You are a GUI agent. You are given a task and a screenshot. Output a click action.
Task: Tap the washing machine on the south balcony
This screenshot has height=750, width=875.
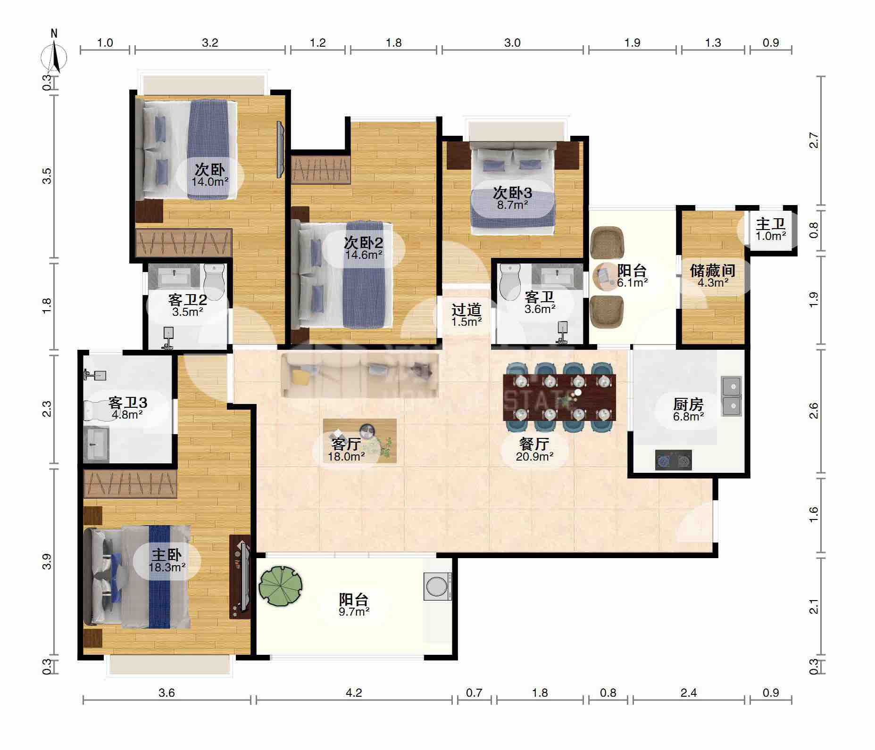point(438,586)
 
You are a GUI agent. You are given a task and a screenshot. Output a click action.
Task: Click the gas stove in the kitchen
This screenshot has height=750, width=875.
point(674,460)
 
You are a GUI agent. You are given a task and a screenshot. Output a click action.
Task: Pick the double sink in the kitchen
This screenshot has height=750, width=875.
point(731,396)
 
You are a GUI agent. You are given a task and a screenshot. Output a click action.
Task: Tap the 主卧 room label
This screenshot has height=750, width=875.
point(167,554)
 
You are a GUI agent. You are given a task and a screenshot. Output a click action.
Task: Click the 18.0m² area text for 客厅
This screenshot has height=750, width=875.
point(346,456)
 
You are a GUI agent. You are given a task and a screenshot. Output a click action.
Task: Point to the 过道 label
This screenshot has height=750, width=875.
point(466,309)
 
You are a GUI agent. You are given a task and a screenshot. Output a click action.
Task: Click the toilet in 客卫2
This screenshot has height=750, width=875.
point(215,282)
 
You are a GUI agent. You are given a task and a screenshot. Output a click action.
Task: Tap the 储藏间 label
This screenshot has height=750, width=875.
point(713,271)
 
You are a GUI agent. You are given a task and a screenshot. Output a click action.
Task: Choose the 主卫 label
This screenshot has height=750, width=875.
point(771,223)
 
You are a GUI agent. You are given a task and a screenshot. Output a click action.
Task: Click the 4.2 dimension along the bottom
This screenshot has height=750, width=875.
point(354,692)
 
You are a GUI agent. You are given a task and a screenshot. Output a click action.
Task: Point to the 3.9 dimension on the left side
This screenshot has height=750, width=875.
point(47,561)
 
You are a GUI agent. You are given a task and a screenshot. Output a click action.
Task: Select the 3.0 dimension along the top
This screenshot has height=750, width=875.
point(512,43)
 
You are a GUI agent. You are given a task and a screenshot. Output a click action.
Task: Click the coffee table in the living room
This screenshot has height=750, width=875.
point(359,441)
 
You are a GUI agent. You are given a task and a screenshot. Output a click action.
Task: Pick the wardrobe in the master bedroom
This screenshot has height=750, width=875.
point(130,483)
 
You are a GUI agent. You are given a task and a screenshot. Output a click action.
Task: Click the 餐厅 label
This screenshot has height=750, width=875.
point(534,444)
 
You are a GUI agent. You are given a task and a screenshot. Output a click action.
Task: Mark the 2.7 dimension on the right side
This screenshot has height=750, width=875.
point(813,140)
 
